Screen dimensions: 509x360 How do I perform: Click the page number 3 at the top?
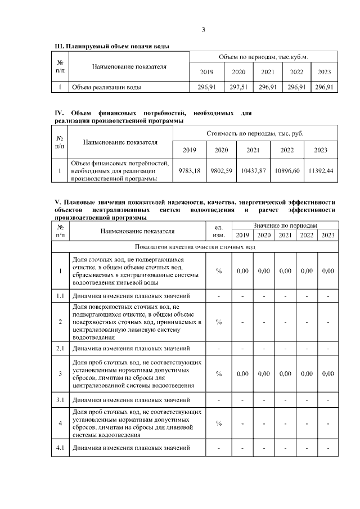tap(203, 30)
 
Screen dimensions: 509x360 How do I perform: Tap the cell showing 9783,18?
tap(189, 170)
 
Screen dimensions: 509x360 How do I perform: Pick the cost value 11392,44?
tap(321, 170)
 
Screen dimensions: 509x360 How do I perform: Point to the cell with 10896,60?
tap(287, 170)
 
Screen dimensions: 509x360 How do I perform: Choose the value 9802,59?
tap(221, 170)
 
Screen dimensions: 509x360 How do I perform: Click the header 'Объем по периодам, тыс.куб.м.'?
tap(263, 57)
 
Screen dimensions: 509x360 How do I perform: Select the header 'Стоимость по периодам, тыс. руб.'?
tap(255, 134)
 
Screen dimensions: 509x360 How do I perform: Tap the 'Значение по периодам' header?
tap(285, 224)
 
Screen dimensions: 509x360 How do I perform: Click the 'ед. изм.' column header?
tap(219, 231)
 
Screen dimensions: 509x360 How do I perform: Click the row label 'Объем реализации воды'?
tap(106, 87)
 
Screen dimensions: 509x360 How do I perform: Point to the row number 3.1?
tap(60, 400)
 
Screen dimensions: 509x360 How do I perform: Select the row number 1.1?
tap(60, 295)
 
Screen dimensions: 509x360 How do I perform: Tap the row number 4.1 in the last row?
tap(60, 448)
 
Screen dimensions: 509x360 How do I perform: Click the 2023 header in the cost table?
tap(321, 150)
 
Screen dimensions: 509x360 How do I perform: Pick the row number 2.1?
tap(60, 348)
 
